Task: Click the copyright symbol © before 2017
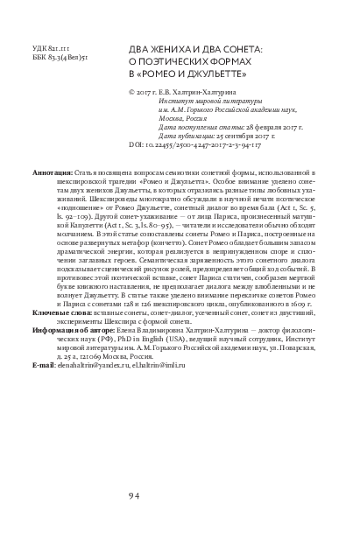pyautogui.click(x=131, y=89)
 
